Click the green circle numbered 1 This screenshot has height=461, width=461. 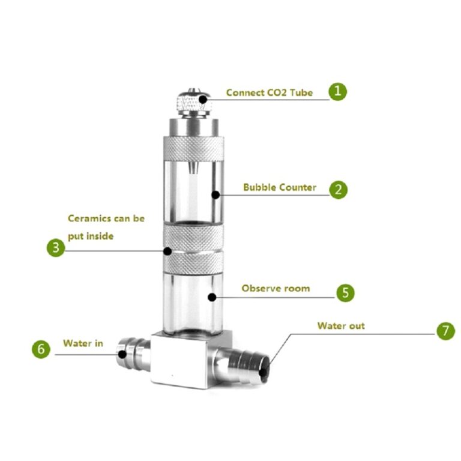[337, 91]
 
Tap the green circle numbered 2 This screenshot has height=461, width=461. [338, 190]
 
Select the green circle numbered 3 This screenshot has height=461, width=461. [56, 247]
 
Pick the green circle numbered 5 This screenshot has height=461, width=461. [345, 293]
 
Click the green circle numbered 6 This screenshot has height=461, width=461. [41, 349]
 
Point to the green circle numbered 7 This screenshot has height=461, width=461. [446, 331]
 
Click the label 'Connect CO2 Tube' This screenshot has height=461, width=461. [270, 92]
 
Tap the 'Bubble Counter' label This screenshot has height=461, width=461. [280, 187]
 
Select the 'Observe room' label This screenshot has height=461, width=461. [276, 288]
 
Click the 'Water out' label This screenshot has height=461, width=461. [341, 326]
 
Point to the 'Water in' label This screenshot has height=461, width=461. [83, 343]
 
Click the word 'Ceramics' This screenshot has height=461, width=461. [89, 218]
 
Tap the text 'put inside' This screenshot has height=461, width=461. [91, 236]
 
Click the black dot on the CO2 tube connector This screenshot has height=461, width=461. [202, 100]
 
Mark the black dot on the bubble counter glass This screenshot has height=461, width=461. [215, 194]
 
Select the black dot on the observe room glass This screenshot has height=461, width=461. [212, 297]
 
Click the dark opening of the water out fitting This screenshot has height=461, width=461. [264, 372]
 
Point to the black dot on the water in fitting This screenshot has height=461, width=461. [122, 354]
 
